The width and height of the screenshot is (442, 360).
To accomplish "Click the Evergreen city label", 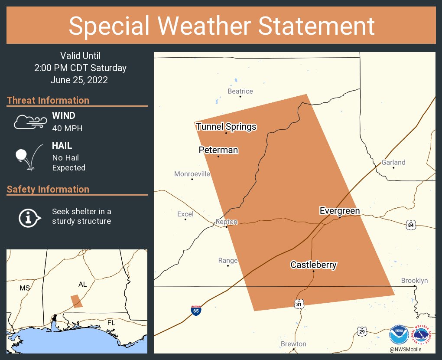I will tap(339, 211).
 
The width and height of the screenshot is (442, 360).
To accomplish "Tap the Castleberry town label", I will tap(313, 265).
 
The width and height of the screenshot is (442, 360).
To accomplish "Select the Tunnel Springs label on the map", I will tap(226, 127).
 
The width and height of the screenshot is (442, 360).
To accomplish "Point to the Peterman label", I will tap(218, 150).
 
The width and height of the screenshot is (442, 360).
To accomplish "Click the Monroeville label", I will tap(192, 174).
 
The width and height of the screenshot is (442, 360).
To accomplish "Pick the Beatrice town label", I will tap(240, 91).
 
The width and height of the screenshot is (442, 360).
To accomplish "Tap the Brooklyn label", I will tap(414, 281).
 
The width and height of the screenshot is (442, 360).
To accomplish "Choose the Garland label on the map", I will tap(393, 162).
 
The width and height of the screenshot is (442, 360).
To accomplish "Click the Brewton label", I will tap(293, 344).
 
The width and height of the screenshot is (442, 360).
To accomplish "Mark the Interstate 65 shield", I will tap(196, 311).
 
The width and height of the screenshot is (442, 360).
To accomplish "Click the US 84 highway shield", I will tap(411, 225).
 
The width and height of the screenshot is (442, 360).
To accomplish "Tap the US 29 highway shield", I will tap(361, 331).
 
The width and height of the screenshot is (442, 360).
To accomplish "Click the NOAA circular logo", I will tap(399, 335).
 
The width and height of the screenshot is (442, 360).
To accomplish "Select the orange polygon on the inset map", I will tap(77, 301).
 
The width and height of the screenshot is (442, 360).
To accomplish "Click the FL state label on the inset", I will tap(111, 323).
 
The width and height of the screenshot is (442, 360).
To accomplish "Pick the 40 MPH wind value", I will tap(67, 128).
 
